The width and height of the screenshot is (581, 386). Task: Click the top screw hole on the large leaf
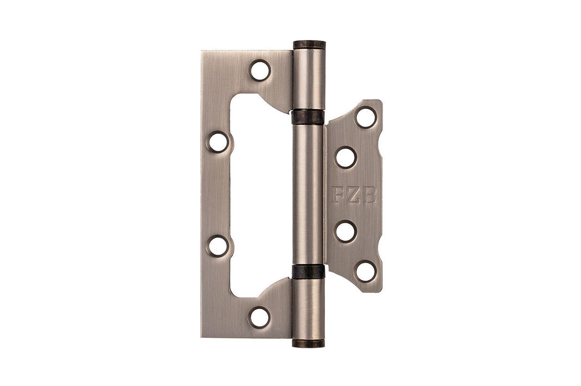260,70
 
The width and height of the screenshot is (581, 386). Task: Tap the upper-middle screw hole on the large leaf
218,142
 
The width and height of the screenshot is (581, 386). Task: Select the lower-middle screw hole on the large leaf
218,246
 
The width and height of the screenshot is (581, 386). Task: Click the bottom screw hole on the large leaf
259,317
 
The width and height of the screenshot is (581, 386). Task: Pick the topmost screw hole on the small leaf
366,118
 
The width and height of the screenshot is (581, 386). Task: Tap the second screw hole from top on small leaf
346,157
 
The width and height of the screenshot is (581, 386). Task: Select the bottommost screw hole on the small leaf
366,272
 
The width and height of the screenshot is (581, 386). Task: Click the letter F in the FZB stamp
338,194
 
